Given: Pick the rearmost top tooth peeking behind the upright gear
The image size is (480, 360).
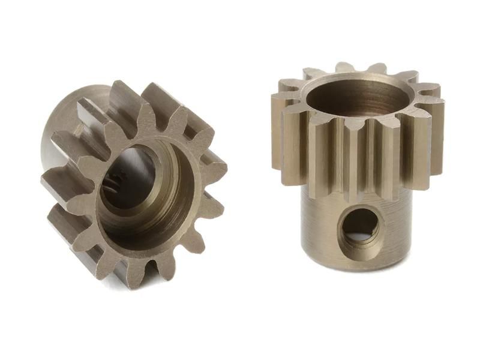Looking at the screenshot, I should [x=345, y=67].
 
